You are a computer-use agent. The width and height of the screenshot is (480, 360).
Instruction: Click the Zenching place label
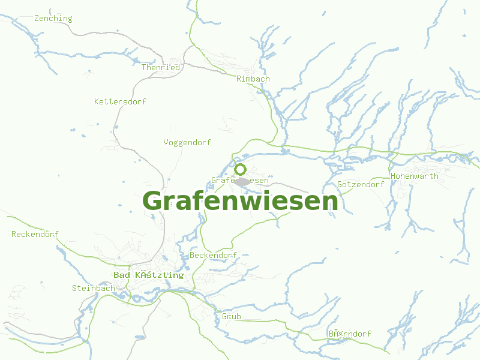[53, 19]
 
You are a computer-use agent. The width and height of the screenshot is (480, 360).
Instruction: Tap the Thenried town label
[160, 68]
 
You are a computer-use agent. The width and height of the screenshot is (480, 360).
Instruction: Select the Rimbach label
[253, 79]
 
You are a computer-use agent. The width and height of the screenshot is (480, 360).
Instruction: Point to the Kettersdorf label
[120, 102]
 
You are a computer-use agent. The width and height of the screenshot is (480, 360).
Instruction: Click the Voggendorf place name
[187, 143]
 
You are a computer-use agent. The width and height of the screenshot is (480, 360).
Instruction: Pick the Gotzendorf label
[361, 184]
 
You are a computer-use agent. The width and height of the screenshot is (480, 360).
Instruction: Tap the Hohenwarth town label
[414, 176]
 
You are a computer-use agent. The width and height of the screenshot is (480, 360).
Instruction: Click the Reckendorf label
[35, 234]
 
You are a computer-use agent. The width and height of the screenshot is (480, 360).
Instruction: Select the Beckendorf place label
[213, 256]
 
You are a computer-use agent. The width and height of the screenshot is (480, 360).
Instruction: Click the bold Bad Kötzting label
[148, 275]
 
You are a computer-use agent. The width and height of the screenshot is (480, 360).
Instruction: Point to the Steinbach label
[93, 289]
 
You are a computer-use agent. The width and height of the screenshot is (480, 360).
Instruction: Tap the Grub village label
[231, 316]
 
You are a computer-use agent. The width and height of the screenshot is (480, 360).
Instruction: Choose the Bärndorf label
[350, 334]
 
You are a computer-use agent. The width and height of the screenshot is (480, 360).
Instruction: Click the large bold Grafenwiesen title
[240, 201]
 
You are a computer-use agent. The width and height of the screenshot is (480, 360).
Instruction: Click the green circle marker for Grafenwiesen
[241, 169]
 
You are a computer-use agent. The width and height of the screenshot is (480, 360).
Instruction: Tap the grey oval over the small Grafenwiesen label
[242, 181]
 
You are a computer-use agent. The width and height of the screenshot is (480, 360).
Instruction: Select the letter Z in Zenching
[37, 19]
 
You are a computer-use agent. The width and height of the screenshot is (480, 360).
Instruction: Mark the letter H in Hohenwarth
[393, 176]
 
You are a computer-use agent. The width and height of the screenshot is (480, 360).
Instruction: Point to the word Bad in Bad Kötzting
[121, 275]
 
